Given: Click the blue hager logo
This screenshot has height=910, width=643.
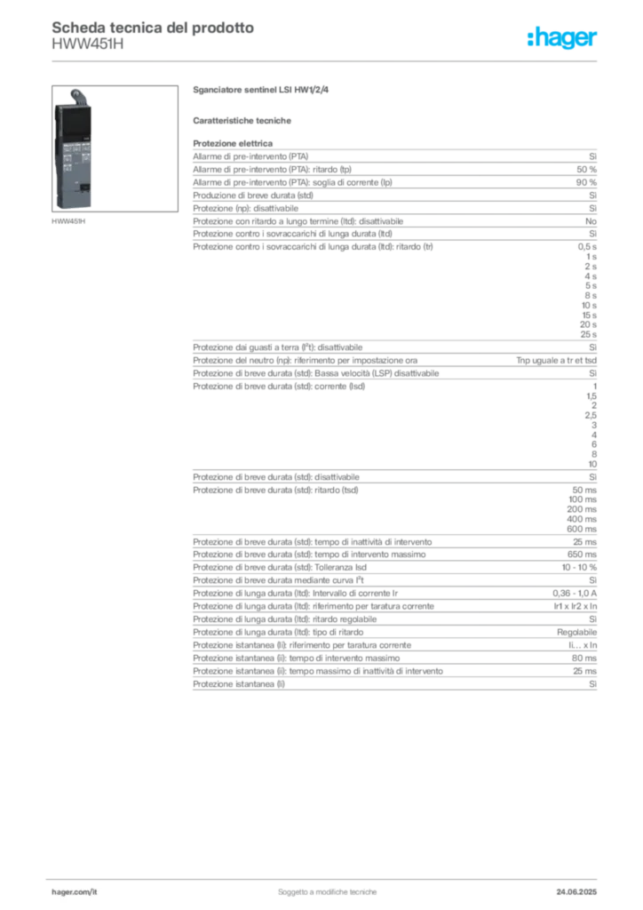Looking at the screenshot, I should pos(562,39).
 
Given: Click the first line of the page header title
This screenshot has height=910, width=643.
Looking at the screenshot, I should pos(152,27).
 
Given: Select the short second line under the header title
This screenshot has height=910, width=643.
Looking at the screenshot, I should pos(89,51).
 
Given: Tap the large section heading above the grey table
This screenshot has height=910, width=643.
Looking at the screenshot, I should pos(262,90).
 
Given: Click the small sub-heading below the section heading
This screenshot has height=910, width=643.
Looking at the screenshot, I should pos(244,120).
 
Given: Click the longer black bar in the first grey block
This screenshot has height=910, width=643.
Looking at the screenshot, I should pos(450,193).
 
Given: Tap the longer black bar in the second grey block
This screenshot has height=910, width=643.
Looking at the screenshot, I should pos(511,373).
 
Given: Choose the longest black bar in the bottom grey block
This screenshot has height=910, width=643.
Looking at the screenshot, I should pos(475,579).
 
